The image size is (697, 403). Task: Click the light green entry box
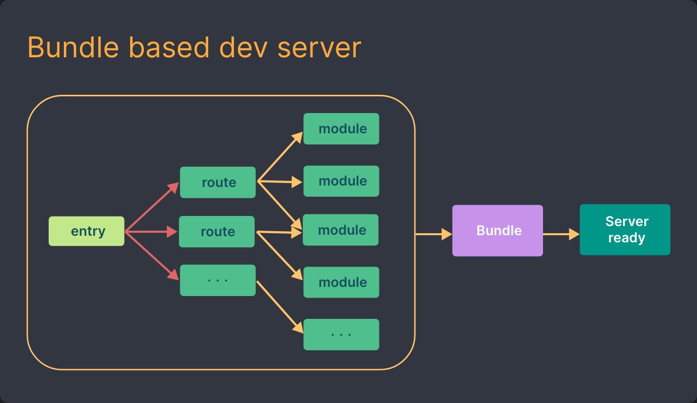point(86,231)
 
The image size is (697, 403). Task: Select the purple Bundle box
point(497,231)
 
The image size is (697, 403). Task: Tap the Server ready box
point(625,230)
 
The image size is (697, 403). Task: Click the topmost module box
point(341,129)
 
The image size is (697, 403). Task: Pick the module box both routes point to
point(340,230)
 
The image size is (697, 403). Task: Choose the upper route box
point(218,182)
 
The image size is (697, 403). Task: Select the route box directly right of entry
point(217,232)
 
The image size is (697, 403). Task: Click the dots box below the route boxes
point(218,280)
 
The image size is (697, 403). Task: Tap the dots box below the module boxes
point(341,335)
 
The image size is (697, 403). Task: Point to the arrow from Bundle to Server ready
point(561,234)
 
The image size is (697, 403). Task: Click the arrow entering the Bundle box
point(433,234)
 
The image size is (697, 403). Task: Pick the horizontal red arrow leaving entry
point(151,232)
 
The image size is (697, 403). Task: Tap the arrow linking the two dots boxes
point(280,307)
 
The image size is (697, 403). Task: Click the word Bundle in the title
point(73,48)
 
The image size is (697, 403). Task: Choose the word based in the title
point(168,48)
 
